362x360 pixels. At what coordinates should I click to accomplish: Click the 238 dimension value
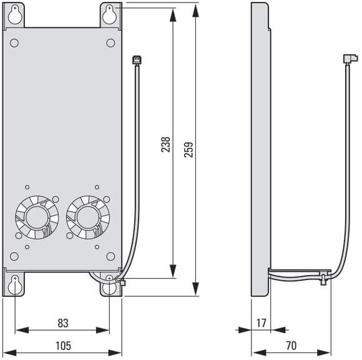(165, 145)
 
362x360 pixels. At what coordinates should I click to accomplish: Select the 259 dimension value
(188, 150)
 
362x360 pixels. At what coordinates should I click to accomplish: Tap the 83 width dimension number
(63, 323)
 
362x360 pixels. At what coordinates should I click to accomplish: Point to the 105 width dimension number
(63, 346)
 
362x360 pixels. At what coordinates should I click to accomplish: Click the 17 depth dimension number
(261, 323)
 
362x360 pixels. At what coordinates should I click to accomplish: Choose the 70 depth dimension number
(291, 346)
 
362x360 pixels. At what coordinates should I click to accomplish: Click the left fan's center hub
(37, 217)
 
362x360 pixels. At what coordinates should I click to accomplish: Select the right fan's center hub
(87, 217)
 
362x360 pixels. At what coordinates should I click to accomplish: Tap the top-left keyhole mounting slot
(15, 15)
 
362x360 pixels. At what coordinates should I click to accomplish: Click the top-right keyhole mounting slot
(110, 15)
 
